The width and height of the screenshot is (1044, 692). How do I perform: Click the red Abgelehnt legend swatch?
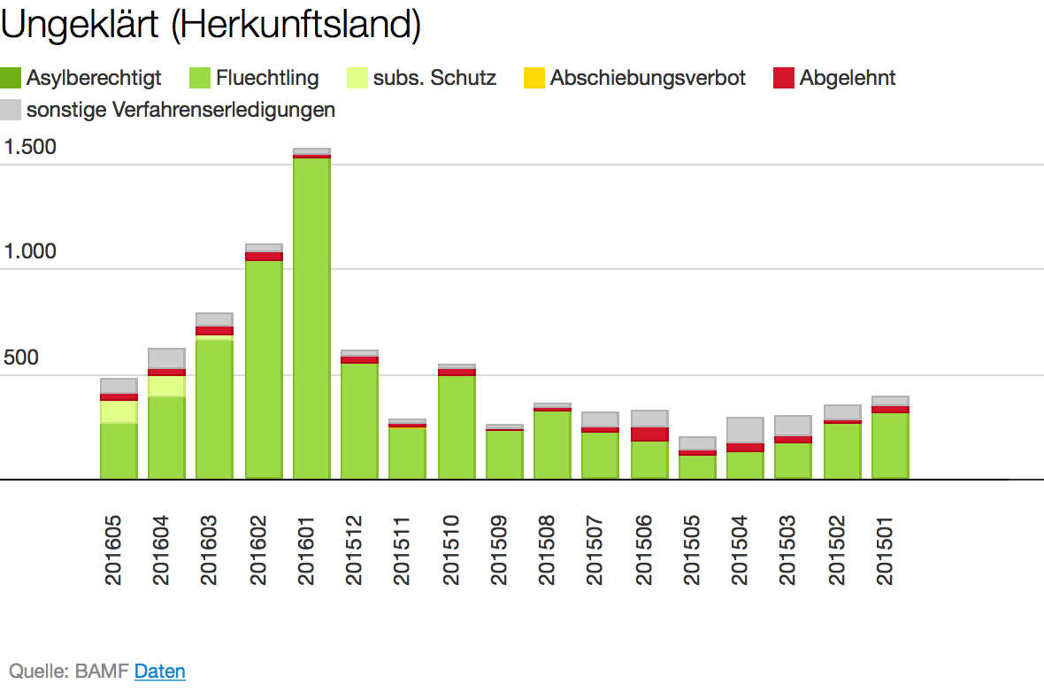click(783, 78)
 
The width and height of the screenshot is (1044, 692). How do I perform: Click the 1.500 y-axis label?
click(30, 147)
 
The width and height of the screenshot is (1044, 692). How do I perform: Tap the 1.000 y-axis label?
click(30, 252)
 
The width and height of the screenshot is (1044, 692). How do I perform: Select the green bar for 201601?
click(311, 319)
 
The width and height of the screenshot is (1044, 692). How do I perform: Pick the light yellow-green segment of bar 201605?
click(119, 411)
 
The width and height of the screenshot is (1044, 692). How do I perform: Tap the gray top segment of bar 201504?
click(745, 429)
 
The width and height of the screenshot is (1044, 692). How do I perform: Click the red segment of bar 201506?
click(649, 434)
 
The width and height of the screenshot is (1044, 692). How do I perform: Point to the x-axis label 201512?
click(354, 551)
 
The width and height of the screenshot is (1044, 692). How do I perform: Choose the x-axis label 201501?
click(885, 551)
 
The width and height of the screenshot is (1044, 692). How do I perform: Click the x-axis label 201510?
click(451, 551)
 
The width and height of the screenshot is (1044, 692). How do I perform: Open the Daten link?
click(160, 672)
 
